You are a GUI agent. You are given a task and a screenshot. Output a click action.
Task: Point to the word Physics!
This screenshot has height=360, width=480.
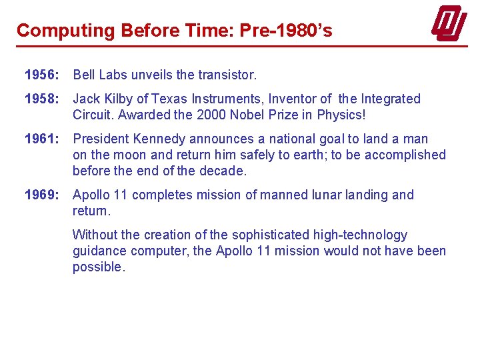click(341, 115)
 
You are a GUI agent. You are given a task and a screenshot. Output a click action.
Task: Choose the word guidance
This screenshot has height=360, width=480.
click(99, 251)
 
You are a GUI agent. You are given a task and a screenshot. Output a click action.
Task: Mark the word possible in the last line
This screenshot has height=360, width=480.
click(97, 267)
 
